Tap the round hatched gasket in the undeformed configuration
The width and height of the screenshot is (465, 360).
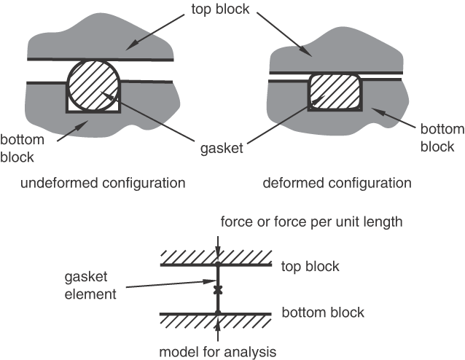tap(93, 85)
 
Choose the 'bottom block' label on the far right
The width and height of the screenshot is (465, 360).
tap(442, 138)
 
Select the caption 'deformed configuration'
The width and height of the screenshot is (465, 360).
tap(337, 181)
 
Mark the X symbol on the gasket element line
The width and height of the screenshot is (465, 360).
tap(217, 290)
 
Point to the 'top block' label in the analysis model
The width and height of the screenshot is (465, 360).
tap(310, 266)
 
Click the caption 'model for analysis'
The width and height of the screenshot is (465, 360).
tap(218, 352)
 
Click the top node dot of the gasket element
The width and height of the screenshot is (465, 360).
tap(217, 265)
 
